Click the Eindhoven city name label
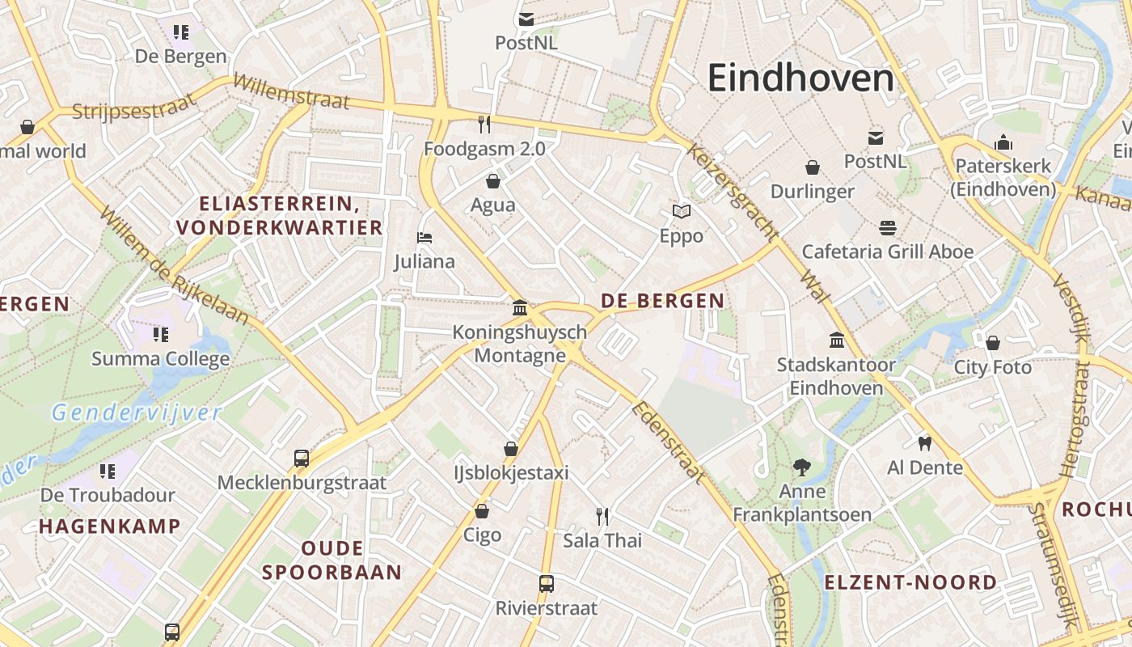coord(800,78)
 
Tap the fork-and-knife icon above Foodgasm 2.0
coord(484,124)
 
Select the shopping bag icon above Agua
coord(493,180)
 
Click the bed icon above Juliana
coord(424,238)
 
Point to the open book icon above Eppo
coord(682,212)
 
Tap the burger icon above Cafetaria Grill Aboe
coord(888,227)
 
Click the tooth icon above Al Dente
coord(925,443)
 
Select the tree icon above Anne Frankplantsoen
coord(802,467)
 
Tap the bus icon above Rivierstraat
coord(547,583)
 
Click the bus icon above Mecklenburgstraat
coord(302,459)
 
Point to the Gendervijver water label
coord(136,413)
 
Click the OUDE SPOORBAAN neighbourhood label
coord(332,560)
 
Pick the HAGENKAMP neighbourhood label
coord(110,526)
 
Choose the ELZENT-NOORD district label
coord(910,582)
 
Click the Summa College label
coord(161,358)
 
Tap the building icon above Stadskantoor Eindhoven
coord(837,340)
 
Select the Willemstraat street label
coord(291,91)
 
